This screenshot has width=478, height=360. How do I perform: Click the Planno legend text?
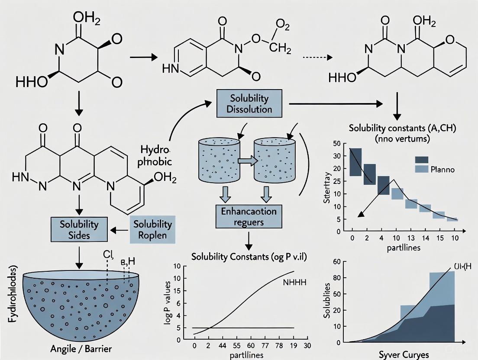[443, 169]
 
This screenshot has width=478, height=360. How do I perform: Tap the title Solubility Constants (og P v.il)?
[249, 256]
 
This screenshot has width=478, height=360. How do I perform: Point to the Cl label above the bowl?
[107, 254]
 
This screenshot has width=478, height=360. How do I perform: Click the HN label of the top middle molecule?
[170, 68]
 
